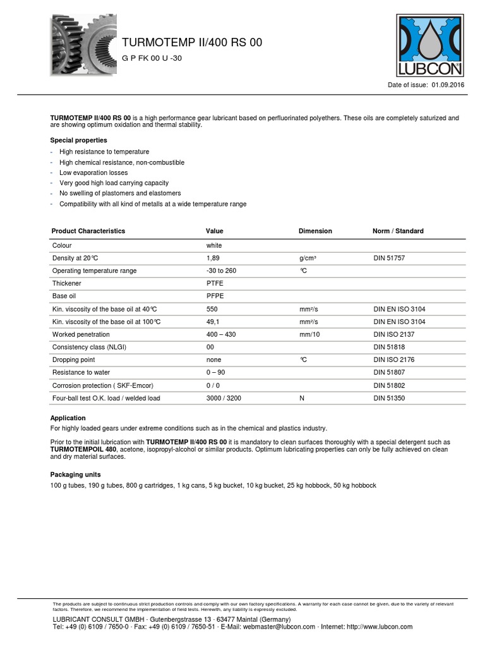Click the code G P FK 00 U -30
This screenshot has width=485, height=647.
pyautogui.click(x=152, y=58)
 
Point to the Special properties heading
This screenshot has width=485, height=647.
pyautogui.click(x=78, y=140)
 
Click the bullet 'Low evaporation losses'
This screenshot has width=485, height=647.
pyautogui.click(x=93, y=172)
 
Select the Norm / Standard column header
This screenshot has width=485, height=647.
pyautogui.click(x=398, y=231)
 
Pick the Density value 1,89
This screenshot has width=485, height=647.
pyautogui.click(x=213, y=258)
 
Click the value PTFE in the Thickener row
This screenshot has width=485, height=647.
pyautogui.click(x=215, y=284)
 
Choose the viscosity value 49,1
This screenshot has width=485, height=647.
pyautogui.click(x=213, y=322)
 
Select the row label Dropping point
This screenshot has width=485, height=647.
pyautogui.click(x=73, y=360)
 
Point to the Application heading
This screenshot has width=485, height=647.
pyautogui.click(x=68, y=418)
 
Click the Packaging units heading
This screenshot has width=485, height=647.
pyautogui.click(x=75, y=475)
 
